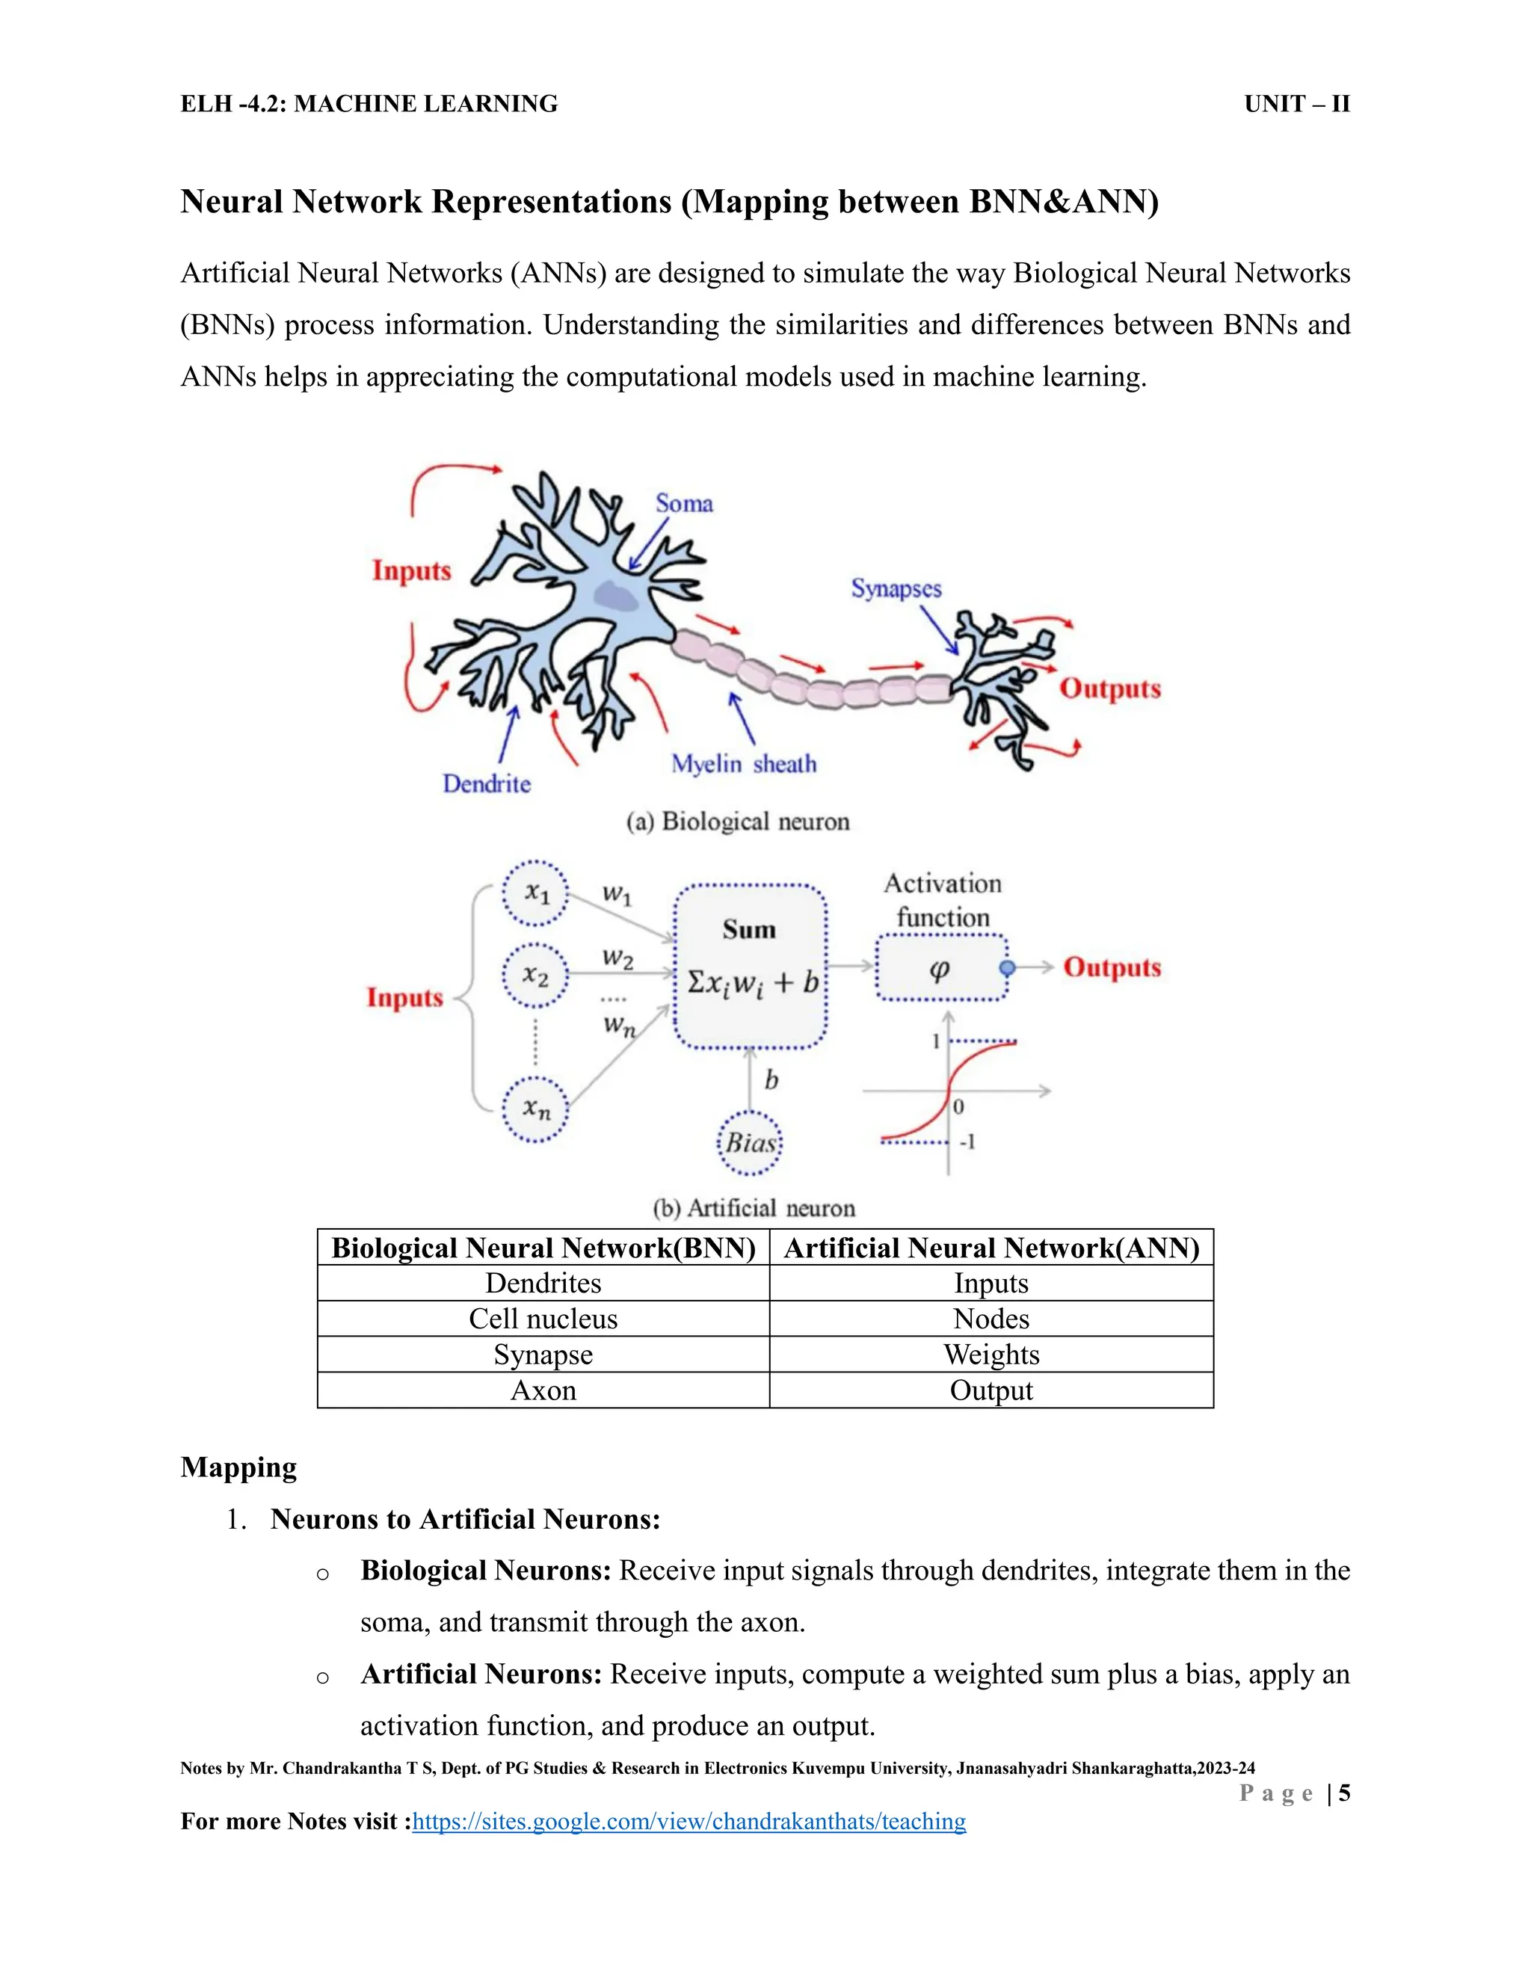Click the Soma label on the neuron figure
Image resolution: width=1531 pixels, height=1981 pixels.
coord(684,503)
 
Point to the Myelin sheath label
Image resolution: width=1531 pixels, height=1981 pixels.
coord(743,764)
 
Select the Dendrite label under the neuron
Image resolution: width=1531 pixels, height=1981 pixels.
coord(486,783)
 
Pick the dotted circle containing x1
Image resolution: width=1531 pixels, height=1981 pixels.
coord(536,893)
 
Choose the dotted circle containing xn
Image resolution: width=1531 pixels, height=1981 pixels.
coord(536,1109)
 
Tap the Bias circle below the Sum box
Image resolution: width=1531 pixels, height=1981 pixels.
coord(750,1143)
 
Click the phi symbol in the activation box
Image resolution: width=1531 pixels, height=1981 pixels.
coord(940,969)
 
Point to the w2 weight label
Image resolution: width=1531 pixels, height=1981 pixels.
coord(617,957)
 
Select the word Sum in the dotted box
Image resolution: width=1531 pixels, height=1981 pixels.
coord(749,930)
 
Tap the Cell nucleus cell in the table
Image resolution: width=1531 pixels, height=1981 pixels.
coord(543,1319)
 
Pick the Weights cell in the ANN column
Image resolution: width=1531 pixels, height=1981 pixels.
coord(991,1355)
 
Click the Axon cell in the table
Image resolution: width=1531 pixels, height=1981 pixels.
coord(543,1390)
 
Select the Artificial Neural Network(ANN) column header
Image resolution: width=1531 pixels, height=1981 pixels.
coord(991,1248)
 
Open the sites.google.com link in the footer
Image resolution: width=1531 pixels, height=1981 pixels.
coord(689,1821)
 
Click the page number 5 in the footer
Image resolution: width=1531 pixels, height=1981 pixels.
coord(1344,1793)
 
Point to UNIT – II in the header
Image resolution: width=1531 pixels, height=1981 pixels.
coord(1296,105)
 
